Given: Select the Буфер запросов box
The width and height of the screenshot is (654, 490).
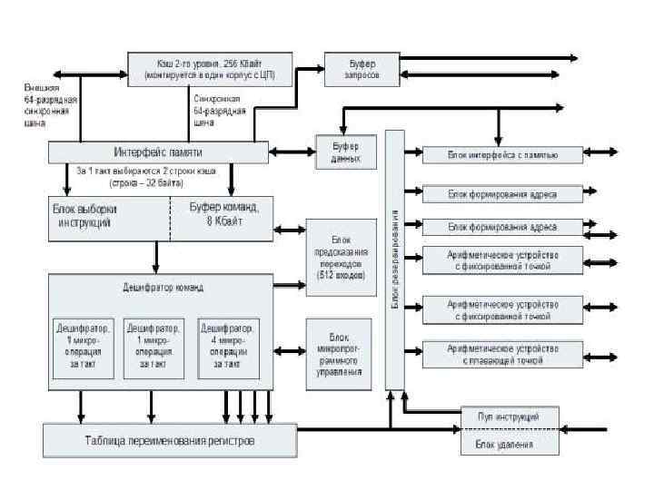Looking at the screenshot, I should coord(361,69).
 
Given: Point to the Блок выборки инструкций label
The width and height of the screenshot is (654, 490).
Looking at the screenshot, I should coord(84,214).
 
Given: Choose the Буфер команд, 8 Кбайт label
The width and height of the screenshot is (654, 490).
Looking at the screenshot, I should coord(223,214).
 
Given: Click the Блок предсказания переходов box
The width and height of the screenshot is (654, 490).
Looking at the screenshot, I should coord(340,250).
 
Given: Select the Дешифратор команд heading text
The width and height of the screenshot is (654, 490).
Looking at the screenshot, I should coord(163,288).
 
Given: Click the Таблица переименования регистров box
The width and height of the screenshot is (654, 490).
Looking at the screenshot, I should coord(170,441).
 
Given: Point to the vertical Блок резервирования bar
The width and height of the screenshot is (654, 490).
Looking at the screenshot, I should coord(395,259).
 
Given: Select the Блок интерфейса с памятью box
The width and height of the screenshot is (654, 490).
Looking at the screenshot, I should coord(502,155).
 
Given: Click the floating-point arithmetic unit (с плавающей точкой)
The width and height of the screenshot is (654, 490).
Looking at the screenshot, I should coord(502,354).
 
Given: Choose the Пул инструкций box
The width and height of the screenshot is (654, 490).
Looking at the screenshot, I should coord(508,416).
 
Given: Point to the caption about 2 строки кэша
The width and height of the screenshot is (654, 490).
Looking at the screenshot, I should coord(133,176).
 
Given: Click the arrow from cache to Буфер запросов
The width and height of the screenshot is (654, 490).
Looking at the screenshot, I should coord(310,68).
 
